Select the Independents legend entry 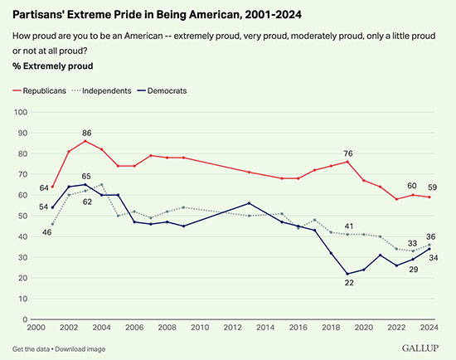coord(105,89)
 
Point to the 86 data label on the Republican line coord(85,133)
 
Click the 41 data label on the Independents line coord(349,226)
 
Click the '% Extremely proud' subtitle coord(52,66)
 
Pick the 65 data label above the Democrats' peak coord(85,176)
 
